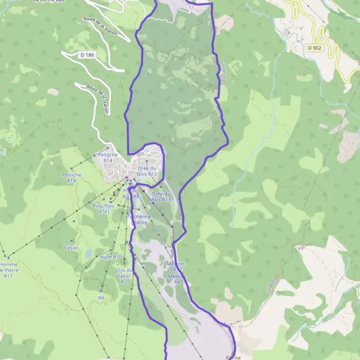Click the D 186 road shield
tap(87, 55)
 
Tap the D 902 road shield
tap(314, 47)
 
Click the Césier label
tap(71, 247)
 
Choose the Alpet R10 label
tap(110, 257)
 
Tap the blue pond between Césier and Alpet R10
tap(89, 254)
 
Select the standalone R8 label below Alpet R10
tap(101, 297)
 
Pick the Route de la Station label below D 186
tap(97, 103)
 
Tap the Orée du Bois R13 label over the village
tap(146, 171)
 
